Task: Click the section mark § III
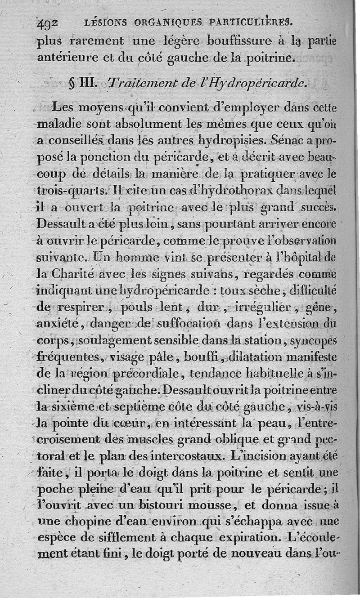pyautogui.click(x=81, y=84)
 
